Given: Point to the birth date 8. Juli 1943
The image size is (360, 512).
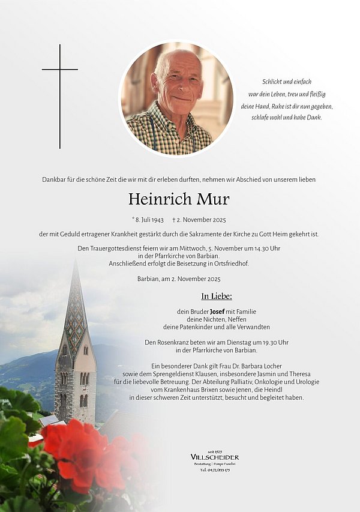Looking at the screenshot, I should [x=149, y=220].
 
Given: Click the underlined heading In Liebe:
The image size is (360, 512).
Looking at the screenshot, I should [x=217, y=296].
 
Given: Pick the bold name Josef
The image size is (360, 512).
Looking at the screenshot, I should [x=218, y=312].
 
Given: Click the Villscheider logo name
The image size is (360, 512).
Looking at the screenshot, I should [x=214, y=457].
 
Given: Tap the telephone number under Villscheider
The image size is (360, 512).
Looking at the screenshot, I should [x=214, y=470].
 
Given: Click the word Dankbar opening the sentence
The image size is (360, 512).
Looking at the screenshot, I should [x=54, y=179].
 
